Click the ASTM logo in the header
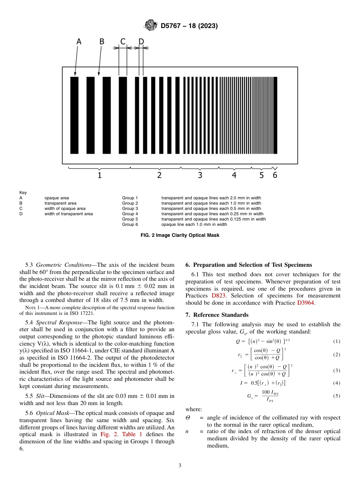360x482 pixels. (x=150, y=26)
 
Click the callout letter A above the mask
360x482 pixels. (x=78, y=42)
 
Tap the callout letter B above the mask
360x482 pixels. (x=102, y=42)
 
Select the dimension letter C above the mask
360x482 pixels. (x=123, y=42)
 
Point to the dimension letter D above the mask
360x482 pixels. (x=141, y=42)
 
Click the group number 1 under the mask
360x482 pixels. (x=99, y=175)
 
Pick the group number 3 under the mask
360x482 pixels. (x=200, y=175)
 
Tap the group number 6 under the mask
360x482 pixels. (x=275, y=175)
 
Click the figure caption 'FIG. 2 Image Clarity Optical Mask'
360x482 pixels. (x=180, y=235)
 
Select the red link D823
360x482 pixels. (x=218, y=296)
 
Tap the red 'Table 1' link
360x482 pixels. (x=132, y=434)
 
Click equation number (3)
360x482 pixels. (x=337, y=370)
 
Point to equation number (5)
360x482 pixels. (x=337, y=396)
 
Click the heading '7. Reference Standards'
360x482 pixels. (x=217, y=315)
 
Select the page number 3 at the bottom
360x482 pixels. (x=180, y=466)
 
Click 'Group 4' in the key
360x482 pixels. (x=130, y=214)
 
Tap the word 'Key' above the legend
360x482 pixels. (x=23, y=192)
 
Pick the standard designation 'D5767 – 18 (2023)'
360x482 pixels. (x=189, y=26)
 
